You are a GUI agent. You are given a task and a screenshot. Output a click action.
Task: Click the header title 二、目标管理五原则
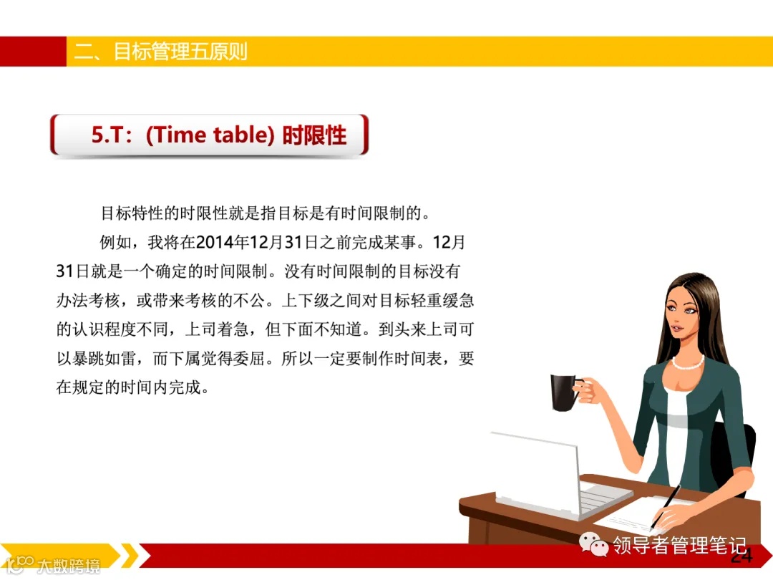(161, 52)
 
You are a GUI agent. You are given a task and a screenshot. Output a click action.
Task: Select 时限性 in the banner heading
(314, 135)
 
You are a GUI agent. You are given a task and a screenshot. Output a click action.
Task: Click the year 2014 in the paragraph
(215, 243)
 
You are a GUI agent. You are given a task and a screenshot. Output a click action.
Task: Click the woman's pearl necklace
(687, 362)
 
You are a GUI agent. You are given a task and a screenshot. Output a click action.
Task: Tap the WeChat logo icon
(595, 546)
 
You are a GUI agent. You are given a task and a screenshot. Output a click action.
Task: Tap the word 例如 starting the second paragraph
(115, 243)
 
